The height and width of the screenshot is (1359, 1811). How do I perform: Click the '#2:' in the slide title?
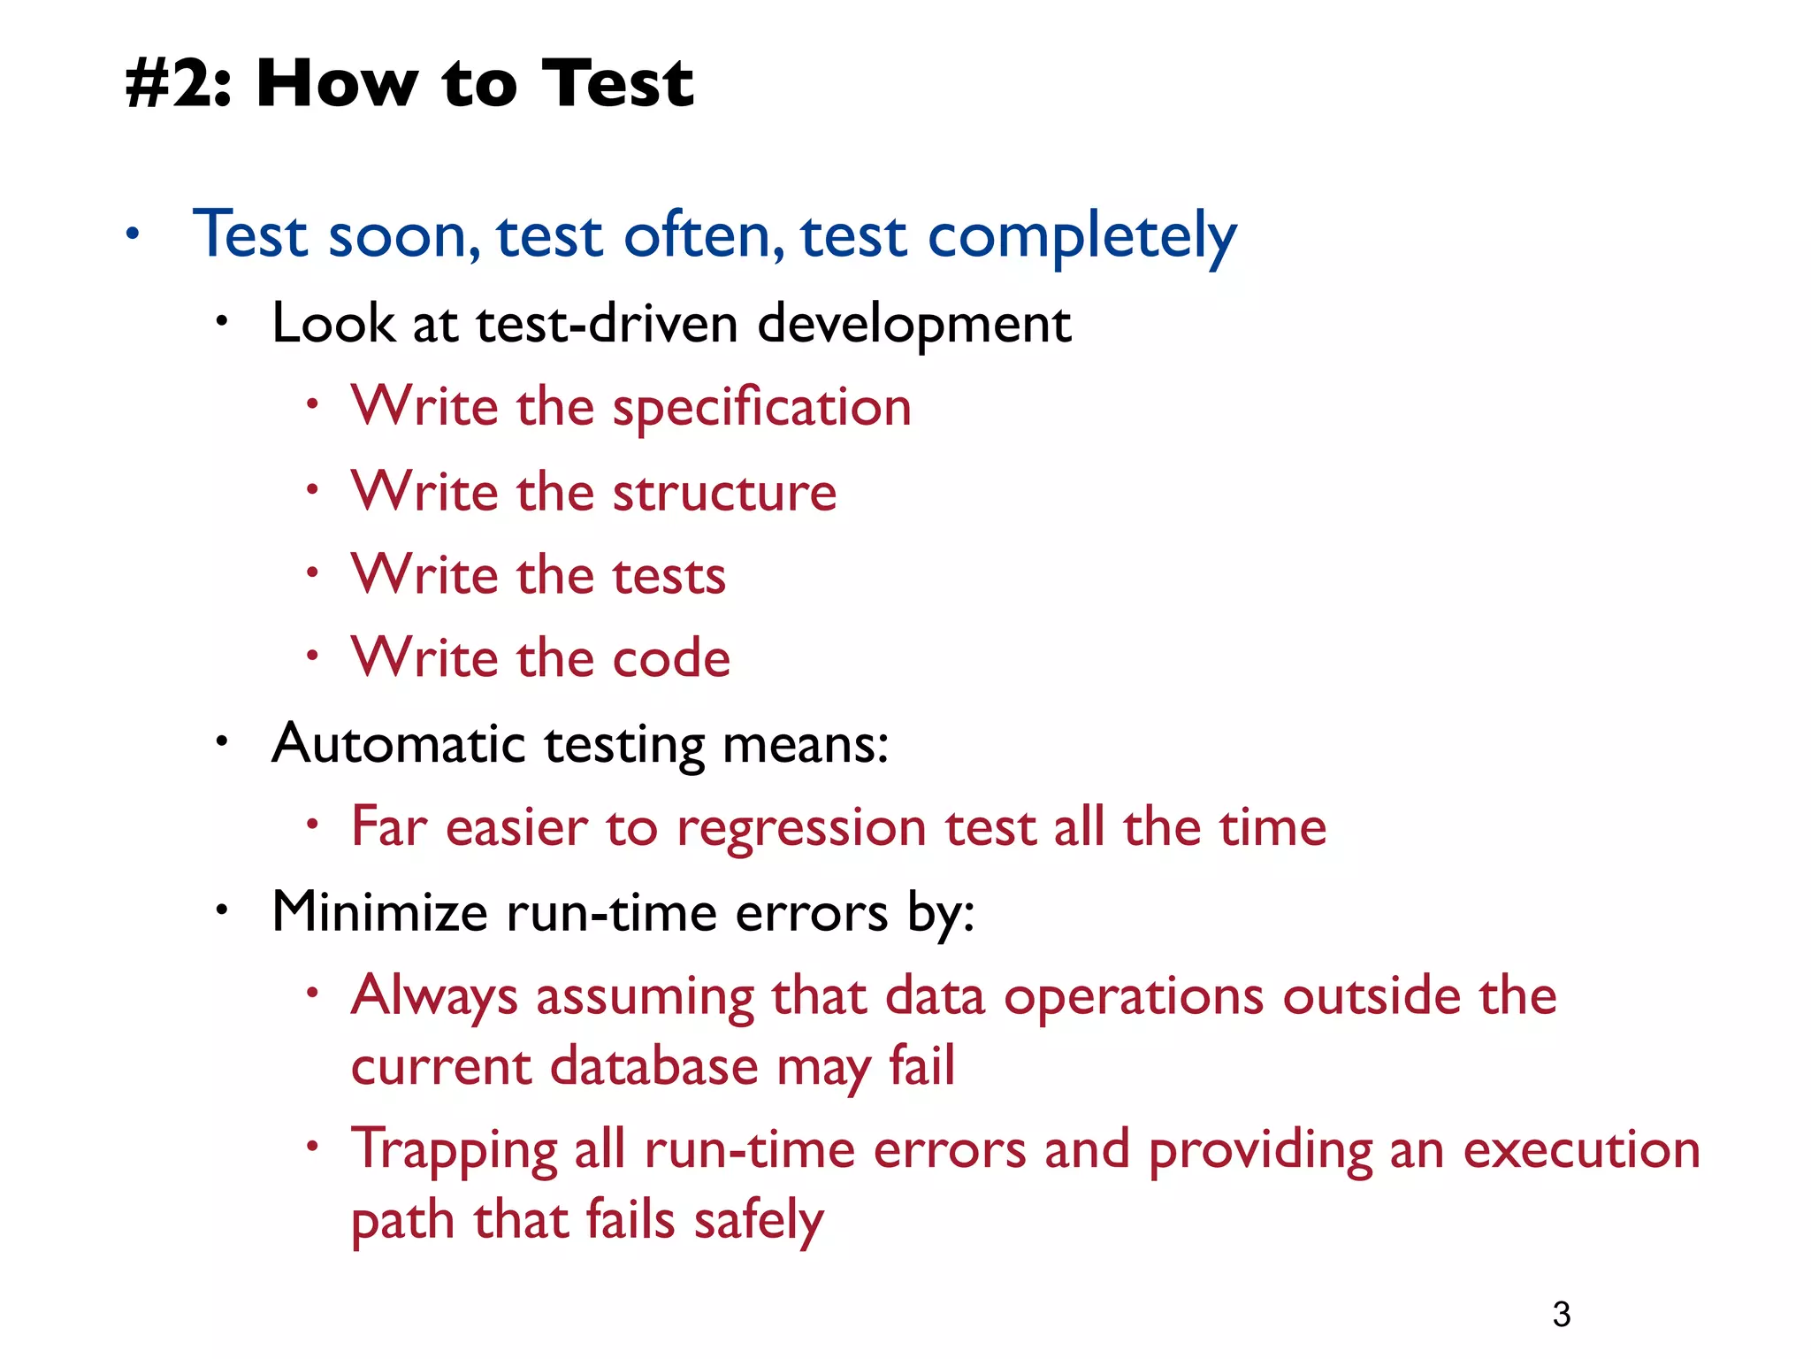[x=178, y=84]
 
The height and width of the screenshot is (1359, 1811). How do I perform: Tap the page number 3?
[x=1562, y=1314]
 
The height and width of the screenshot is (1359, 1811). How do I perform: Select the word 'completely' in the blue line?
[x=1081, y=237]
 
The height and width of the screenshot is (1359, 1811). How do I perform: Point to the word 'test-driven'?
[x=607, y=323]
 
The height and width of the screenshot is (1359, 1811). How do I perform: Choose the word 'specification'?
[x=761, y=409]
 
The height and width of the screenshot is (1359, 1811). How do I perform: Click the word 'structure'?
[x=724, y=492]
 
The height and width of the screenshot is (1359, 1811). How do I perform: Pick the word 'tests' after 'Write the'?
[x=669, y=576]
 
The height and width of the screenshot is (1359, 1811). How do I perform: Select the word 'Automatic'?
[x=399, y=743]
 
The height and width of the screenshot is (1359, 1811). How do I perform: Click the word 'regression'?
[x=801, y=828]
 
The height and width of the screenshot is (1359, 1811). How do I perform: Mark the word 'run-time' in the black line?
[x=611, y=913]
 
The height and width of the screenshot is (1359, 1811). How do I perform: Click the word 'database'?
[x=653, y=1066]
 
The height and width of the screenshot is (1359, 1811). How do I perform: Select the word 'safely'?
[x=759, y=1222]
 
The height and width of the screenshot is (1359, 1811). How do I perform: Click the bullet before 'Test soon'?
[x=133, y=234]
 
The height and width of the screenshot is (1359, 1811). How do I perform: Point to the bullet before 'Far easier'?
[x=312, y=825]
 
